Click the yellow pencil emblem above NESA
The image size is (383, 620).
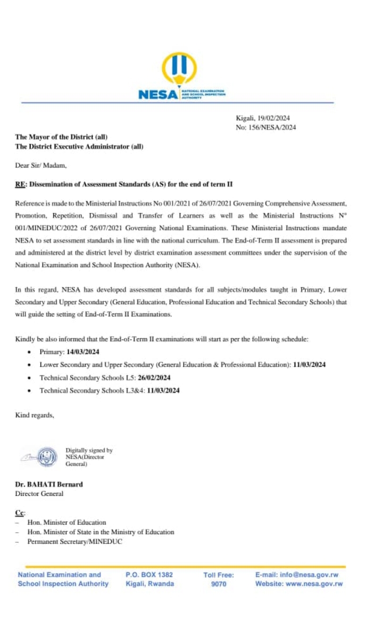(x=179, y=69)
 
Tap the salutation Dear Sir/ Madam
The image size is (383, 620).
(x=41, y=166)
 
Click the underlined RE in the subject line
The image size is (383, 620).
(x=20, y=184)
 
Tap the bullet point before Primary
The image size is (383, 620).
(x=29, y=353)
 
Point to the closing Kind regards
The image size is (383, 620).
(x=35, y=415)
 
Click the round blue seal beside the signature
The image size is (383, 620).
(x=47, y=456)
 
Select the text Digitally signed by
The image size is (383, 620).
(x=89, y=450)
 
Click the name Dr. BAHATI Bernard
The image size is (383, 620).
(x=49, y=484)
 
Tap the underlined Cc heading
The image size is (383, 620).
(x=20, y=512)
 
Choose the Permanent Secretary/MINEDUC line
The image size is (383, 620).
(x=74, y=542)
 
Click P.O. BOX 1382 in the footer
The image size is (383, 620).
(x=149, y=575)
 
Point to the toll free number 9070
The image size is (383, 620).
(x=219, y=584)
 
